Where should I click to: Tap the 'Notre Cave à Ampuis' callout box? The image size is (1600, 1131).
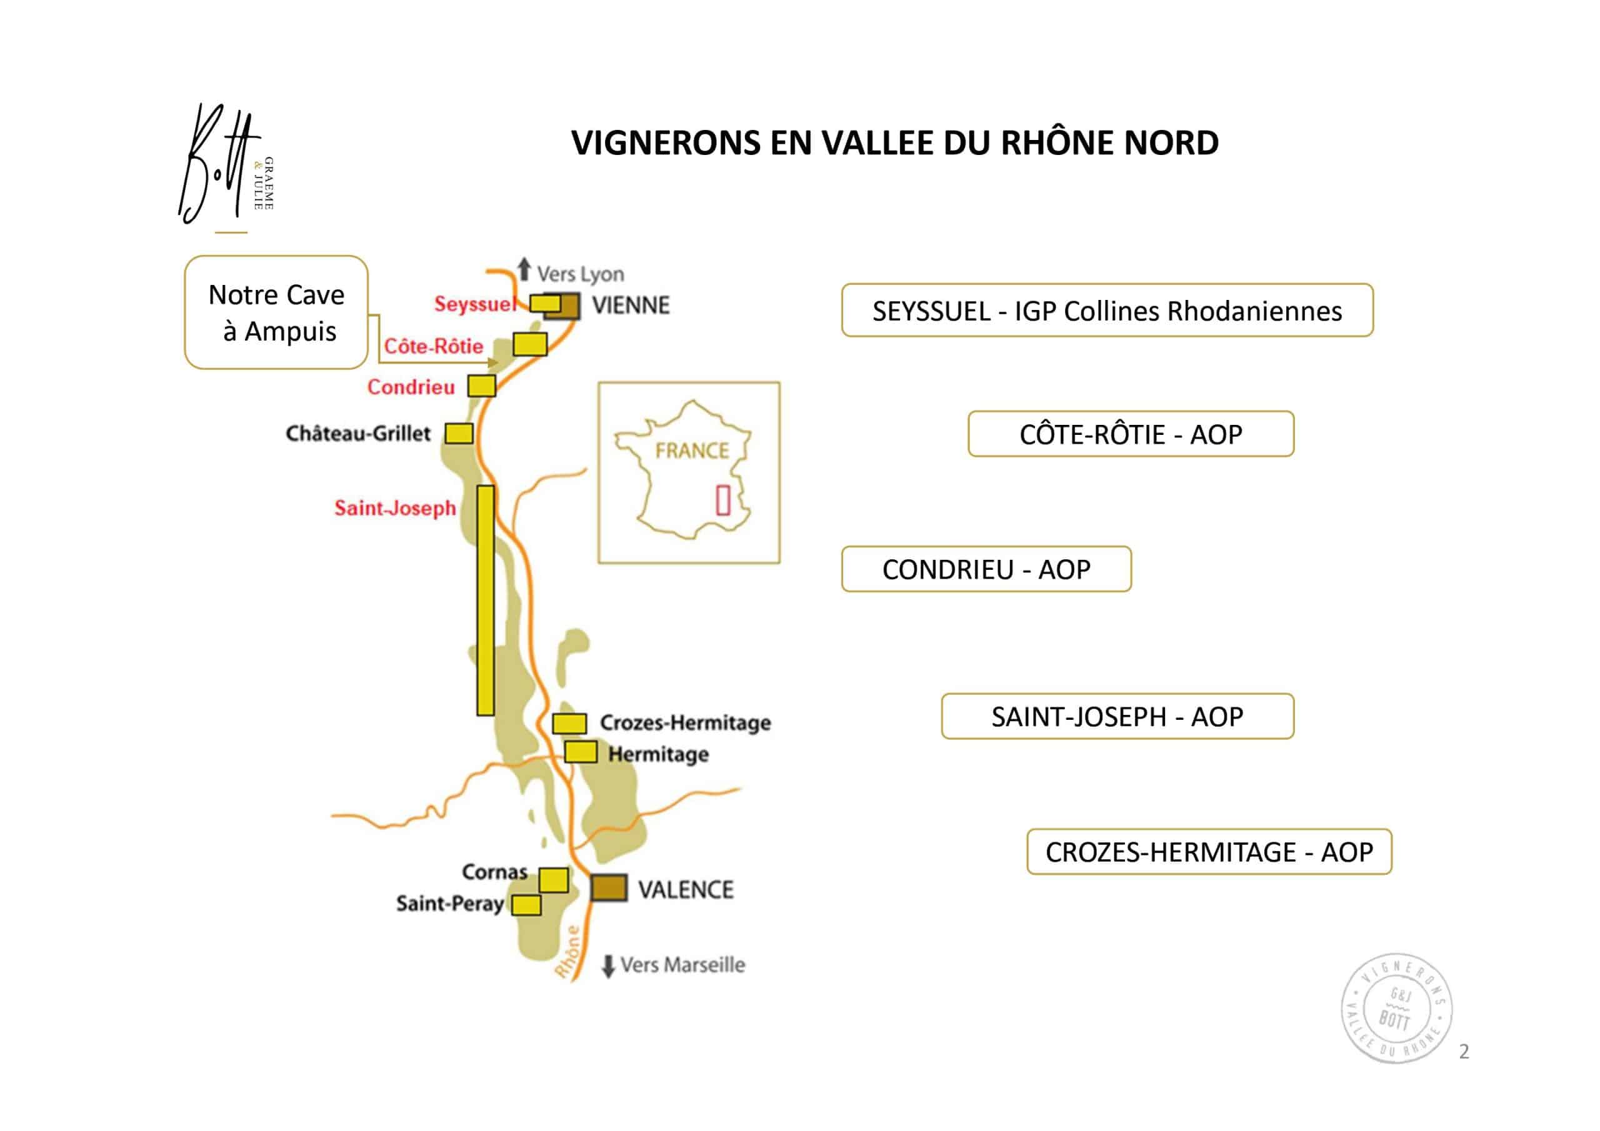click(276, 312)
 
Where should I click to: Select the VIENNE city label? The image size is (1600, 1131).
click(631, 305)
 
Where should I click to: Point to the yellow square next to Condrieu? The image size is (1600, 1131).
click(481, 386)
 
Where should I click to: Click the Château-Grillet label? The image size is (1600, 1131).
click(358, 434)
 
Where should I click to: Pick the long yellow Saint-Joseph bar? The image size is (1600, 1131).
click(486, 600)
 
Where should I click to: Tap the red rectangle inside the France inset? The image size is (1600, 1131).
click(723, 501)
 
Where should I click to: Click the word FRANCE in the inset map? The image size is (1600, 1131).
click(692, 451)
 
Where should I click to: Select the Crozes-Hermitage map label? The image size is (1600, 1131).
click(686, 722)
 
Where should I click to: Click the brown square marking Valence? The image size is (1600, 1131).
click(609, 888)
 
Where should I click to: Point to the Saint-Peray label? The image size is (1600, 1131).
click(450, 904)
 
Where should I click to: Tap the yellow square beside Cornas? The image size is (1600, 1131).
click(554, 879)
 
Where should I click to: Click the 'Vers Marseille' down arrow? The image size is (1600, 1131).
click(608, 966)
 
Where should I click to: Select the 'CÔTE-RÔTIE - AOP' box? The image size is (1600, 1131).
click(1131, 434)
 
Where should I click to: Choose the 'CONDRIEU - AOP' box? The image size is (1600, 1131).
click(986, 569)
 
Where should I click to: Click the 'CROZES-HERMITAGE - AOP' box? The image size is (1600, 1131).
click(1209, 852)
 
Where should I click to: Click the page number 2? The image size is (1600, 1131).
click(1464, 1051)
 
